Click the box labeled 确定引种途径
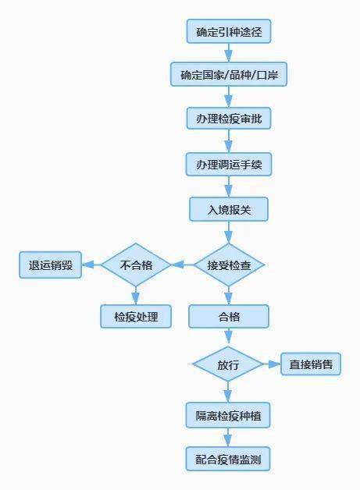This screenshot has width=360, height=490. [229, 31]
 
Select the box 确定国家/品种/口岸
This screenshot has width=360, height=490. [229, 74]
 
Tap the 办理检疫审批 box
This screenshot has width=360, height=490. [229, 118]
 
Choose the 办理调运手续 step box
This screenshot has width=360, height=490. [229, 164]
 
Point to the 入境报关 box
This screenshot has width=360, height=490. [229, 209]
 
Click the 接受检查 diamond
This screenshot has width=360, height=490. [229, 265]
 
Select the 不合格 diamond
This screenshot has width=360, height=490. [136, 265]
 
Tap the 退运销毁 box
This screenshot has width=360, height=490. [50, 265]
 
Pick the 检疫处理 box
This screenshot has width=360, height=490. [136, 316]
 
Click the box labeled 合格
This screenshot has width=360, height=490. [229, 316]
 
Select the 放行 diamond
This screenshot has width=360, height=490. [228, 364]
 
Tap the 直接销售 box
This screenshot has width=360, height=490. [311, 364]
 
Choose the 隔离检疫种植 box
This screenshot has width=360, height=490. [228, 415]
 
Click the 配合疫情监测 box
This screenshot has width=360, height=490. [228, 459]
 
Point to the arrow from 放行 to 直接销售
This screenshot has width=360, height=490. [272, 364]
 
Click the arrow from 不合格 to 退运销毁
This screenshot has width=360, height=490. [91, 265]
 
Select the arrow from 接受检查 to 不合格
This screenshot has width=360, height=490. [183, 265]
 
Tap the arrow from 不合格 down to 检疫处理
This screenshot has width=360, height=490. [135, 296]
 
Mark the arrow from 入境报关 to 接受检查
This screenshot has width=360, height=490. [229, 233]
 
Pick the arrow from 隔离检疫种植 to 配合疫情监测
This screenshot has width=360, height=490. [228, 438]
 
